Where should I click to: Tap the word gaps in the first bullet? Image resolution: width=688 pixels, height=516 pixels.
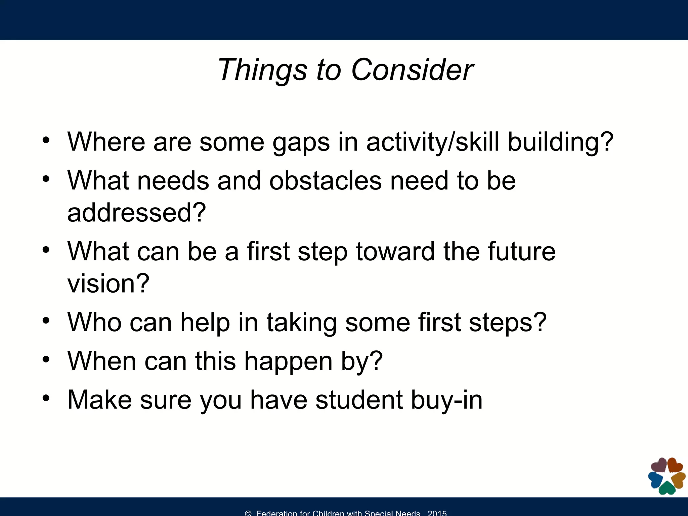[x=301, y=142]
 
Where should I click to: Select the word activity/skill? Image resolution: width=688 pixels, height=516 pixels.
[x=433, y=142]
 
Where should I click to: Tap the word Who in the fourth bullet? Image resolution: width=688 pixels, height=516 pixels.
[x=94, y=322]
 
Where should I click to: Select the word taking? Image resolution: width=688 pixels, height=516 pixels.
[x=301, y=323]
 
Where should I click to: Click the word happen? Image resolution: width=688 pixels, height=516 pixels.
[x=288, y=361]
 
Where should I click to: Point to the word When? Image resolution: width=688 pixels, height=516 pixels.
[x=102, y=361]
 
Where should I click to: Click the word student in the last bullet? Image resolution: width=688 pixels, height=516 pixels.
[x=359, y=400]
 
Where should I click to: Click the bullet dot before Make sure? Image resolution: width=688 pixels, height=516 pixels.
[x=46, y=398]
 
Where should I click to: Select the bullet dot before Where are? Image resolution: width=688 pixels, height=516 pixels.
[x=46, y=140]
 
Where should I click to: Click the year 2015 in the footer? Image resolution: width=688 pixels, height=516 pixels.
[x=437, y=513]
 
